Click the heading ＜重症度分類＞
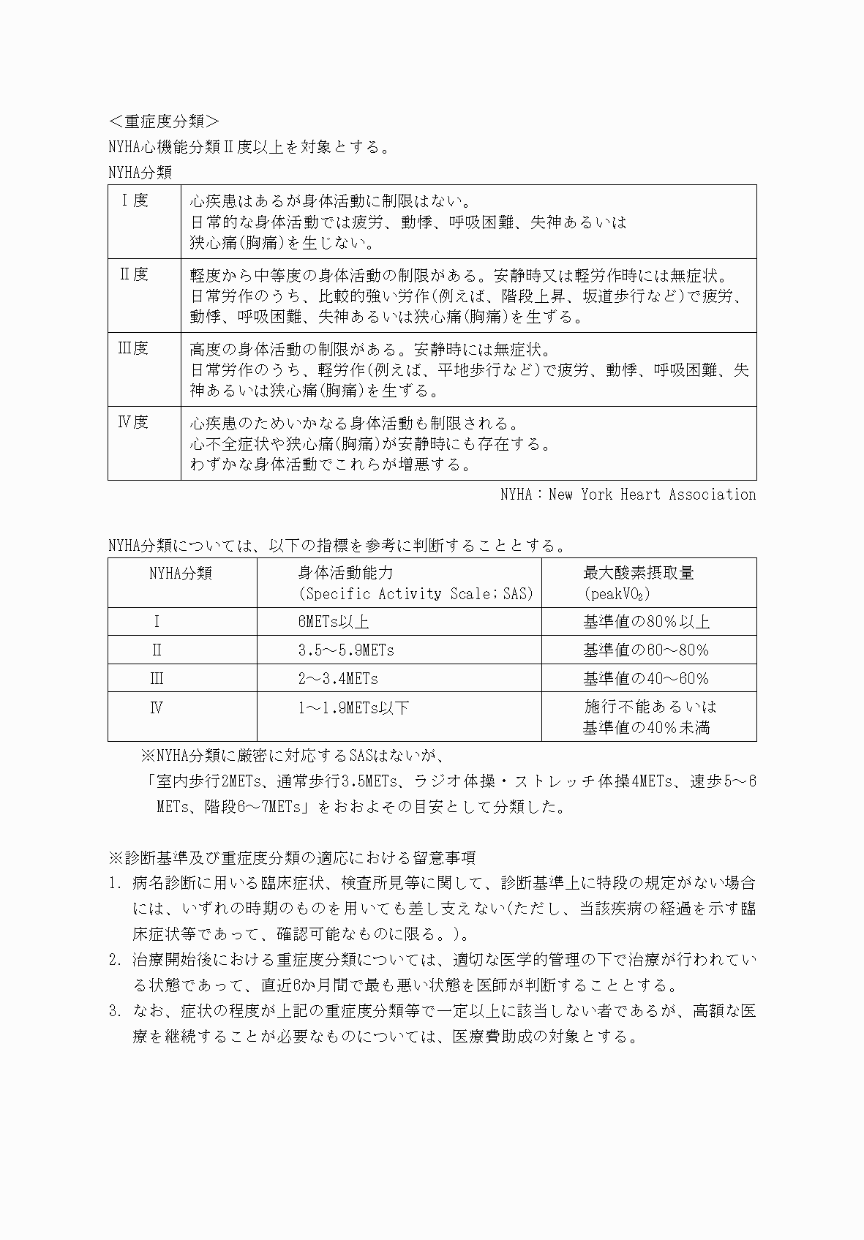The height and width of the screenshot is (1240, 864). click(x=163, y=121)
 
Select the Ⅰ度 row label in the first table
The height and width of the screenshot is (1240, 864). click(x=134, y=200)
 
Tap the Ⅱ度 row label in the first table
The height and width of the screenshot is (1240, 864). click(x=134, y=274)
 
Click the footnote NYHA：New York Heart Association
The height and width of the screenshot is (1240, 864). click(x=628, y=495)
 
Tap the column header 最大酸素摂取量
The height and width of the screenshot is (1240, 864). click(x=638, y=573)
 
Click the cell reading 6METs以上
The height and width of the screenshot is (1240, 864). click(x=333, y=622)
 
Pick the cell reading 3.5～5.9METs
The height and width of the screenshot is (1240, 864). click(x=346, y=650)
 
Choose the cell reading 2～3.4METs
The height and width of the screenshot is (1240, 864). click(x=338, y=679)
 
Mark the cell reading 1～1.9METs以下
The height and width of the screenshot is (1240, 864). click(x=353, y=707)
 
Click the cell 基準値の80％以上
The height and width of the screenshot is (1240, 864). click(x=646, y=622)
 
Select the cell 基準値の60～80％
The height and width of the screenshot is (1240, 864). click(x=646, y=650)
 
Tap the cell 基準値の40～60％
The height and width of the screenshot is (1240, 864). click(x=646, y=679)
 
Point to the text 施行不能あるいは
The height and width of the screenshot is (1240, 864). click(x=650, y=707)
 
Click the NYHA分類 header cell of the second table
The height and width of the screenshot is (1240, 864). click(x=181, y=573)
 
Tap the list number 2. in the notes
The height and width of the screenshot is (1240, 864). click(x=115, y=960)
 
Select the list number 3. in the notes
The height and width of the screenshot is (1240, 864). click(x=115, y=1012)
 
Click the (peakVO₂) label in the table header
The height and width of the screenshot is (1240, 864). click(x=617, y=594)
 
